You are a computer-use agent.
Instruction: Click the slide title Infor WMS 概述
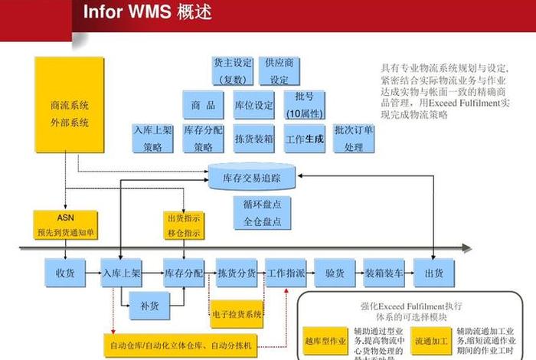[x=146, y=14]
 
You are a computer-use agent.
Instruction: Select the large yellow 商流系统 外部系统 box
[x=69, y=113]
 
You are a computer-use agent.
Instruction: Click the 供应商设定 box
[x=279, y=71]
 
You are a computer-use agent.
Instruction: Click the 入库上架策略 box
[x=153, y=139]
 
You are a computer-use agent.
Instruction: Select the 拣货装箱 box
[x=253, y=139]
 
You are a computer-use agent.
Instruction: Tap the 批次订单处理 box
[x=354, y=139]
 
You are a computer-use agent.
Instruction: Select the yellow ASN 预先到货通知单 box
[x=65, y=224]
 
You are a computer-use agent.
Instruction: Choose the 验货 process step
[x=334, y=273]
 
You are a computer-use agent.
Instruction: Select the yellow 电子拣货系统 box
[x=237, y=314]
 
